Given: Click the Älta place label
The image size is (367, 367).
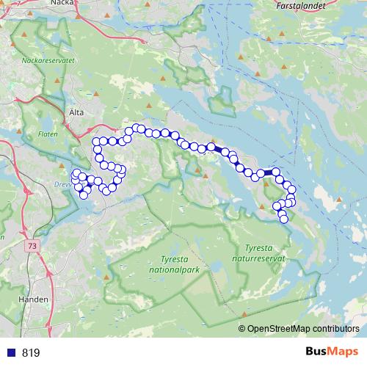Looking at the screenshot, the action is pos(76,112).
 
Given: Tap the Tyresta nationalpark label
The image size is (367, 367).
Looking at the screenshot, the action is pos(173,264).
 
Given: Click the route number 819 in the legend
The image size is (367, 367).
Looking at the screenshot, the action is pos(31,353).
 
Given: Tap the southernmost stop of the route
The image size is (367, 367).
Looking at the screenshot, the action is pos(284,219).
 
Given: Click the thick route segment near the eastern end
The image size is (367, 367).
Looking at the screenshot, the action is pos(271,172).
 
